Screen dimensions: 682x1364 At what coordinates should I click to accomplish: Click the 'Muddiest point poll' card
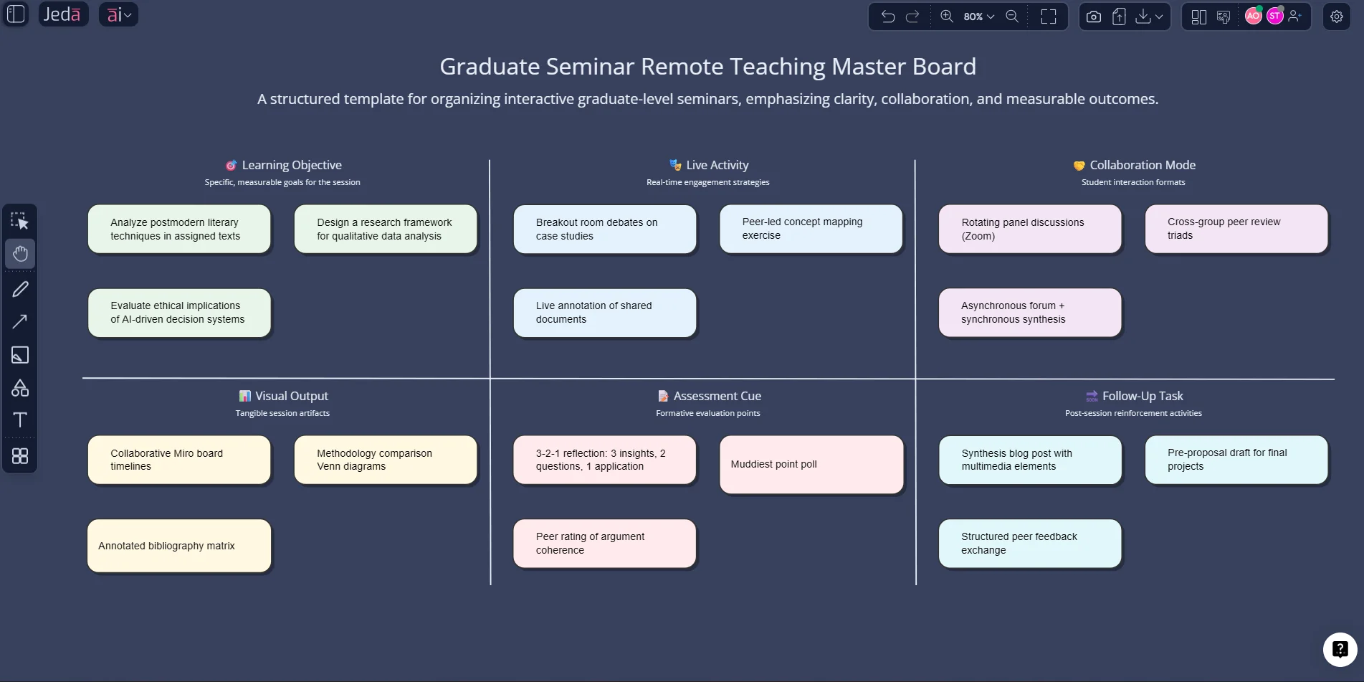[811, 465]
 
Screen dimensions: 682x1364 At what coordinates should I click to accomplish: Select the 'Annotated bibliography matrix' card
[179, 546]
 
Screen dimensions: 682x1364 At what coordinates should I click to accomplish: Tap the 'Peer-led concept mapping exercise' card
[811, 229]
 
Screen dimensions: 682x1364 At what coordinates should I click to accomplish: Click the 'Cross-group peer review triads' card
[1236, 229]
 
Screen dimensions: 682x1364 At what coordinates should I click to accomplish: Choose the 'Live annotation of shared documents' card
[604, 313]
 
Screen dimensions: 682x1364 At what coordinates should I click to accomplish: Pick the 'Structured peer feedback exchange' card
[1029, 544]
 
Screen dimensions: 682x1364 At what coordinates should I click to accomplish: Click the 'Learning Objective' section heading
[291, 165]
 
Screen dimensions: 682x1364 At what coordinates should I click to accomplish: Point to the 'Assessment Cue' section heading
[716, 396]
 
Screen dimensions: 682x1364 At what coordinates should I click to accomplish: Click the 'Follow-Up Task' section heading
[1142, 396]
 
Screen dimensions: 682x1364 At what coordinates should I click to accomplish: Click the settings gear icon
[1336, 16]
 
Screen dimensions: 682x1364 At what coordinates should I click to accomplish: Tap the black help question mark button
[1339, 650]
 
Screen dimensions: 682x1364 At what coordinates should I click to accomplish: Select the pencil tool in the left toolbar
[20, 289]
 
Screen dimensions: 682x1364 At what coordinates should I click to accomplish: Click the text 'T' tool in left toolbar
[20, 420]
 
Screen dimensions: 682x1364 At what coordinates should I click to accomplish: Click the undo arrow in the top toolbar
[887, 16]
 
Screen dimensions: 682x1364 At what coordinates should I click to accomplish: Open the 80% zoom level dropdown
[978, 16]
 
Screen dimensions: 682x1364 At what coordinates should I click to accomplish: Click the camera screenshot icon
[1093, 16]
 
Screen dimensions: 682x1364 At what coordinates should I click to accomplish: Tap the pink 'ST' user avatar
[1274, 16]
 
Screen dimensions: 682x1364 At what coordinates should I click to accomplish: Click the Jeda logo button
[62, 14]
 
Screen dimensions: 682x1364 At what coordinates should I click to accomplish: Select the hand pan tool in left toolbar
[20, 253]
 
